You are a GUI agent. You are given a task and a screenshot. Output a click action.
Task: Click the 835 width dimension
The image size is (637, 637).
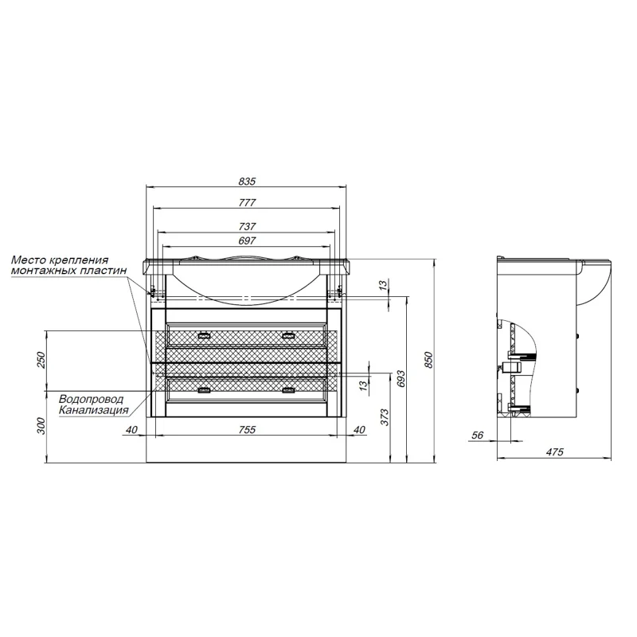pyautogui.click(x=247, y=182)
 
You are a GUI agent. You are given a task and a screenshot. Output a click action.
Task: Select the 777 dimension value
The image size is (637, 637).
pyautogui.click(x=247, y=202)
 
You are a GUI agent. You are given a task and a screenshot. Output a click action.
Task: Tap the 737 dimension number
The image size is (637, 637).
pyautogui.click(x=247, y=226)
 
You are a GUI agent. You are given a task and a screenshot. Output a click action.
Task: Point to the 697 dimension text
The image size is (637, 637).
pyautogui.click(x=247, y=240)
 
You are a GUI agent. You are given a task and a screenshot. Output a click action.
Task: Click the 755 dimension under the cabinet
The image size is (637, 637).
pyautogui.click(x=247, y=429)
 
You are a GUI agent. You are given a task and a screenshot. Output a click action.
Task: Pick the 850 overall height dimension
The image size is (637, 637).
pyautogui.click(x=429, y=361)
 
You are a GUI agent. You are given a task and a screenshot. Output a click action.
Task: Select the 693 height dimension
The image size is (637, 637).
pyautogui.click(x=401, y=379)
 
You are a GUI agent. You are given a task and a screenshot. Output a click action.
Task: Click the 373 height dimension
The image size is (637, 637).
pyautogui.click(x=385, y=417)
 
